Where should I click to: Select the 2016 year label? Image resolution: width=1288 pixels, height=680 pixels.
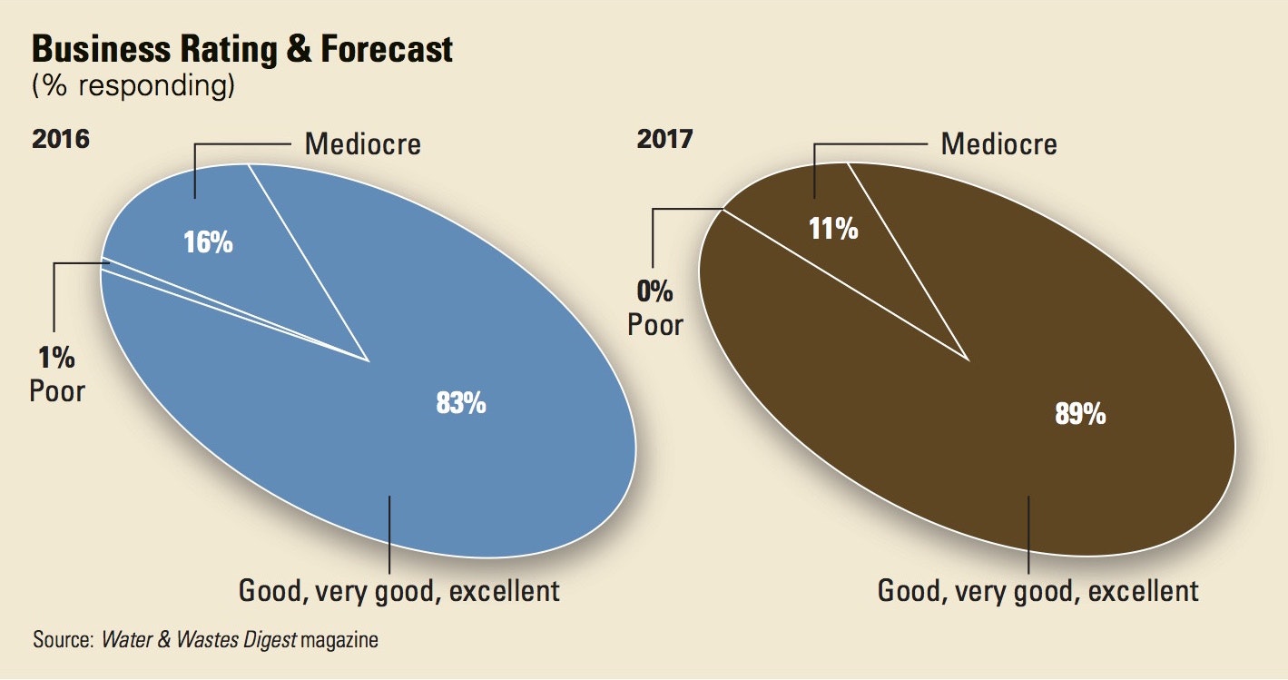tap(61, 140)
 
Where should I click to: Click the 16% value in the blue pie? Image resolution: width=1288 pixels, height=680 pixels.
tap(209, 243)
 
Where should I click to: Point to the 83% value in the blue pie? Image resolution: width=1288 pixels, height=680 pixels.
tap(461, 403)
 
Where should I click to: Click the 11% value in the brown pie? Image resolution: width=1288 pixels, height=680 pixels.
tap(833, 228)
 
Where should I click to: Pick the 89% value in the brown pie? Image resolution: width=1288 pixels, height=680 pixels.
tap(1080, 414)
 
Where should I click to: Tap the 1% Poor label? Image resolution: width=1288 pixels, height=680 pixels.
tap(57, 374)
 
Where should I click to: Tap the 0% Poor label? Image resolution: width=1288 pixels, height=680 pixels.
tap(654, 309)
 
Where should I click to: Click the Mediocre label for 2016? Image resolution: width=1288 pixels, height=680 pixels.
tap(363, 143)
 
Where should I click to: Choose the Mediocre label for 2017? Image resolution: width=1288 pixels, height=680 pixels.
tap(999, 143)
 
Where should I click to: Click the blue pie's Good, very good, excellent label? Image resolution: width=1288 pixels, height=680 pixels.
tap(399, 592)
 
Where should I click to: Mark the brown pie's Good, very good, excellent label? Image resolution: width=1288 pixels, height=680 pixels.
tap(1038, 592)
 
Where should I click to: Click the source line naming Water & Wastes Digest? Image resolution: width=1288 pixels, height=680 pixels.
tap(205, 640)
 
